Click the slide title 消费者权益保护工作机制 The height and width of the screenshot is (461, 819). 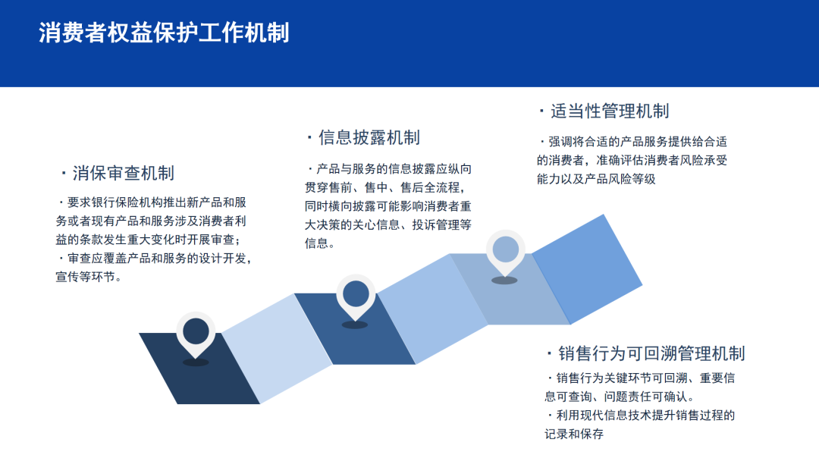click(164, 33)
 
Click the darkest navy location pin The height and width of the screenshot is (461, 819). click(196, 334)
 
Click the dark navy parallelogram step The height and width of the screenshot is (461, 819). click(199, 368)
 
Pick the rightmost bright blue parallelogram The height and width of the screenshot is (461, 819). click(587, 269)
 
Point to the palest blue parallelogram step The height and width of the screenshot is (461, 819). click(277, 348)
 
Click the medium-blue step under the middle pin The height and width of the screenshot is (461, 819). click(355, 328)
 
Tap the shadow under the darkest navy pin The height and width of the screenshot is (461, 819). click(196, 362)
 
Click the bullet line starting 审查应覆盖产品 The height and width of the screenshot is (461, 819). click(154, 259)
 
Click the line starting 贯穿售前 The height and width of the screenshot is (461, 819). click(385, 187)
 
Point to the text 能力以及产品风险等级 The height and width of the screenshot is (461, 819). click(596, 179)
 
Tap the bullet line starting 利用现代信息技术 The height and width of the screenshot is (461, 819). click(640, 415)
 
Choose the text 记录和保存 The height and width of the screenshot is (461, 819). click(574, 434)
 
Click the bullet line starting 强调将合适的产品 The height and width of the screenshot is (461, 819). click(632, 142)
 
